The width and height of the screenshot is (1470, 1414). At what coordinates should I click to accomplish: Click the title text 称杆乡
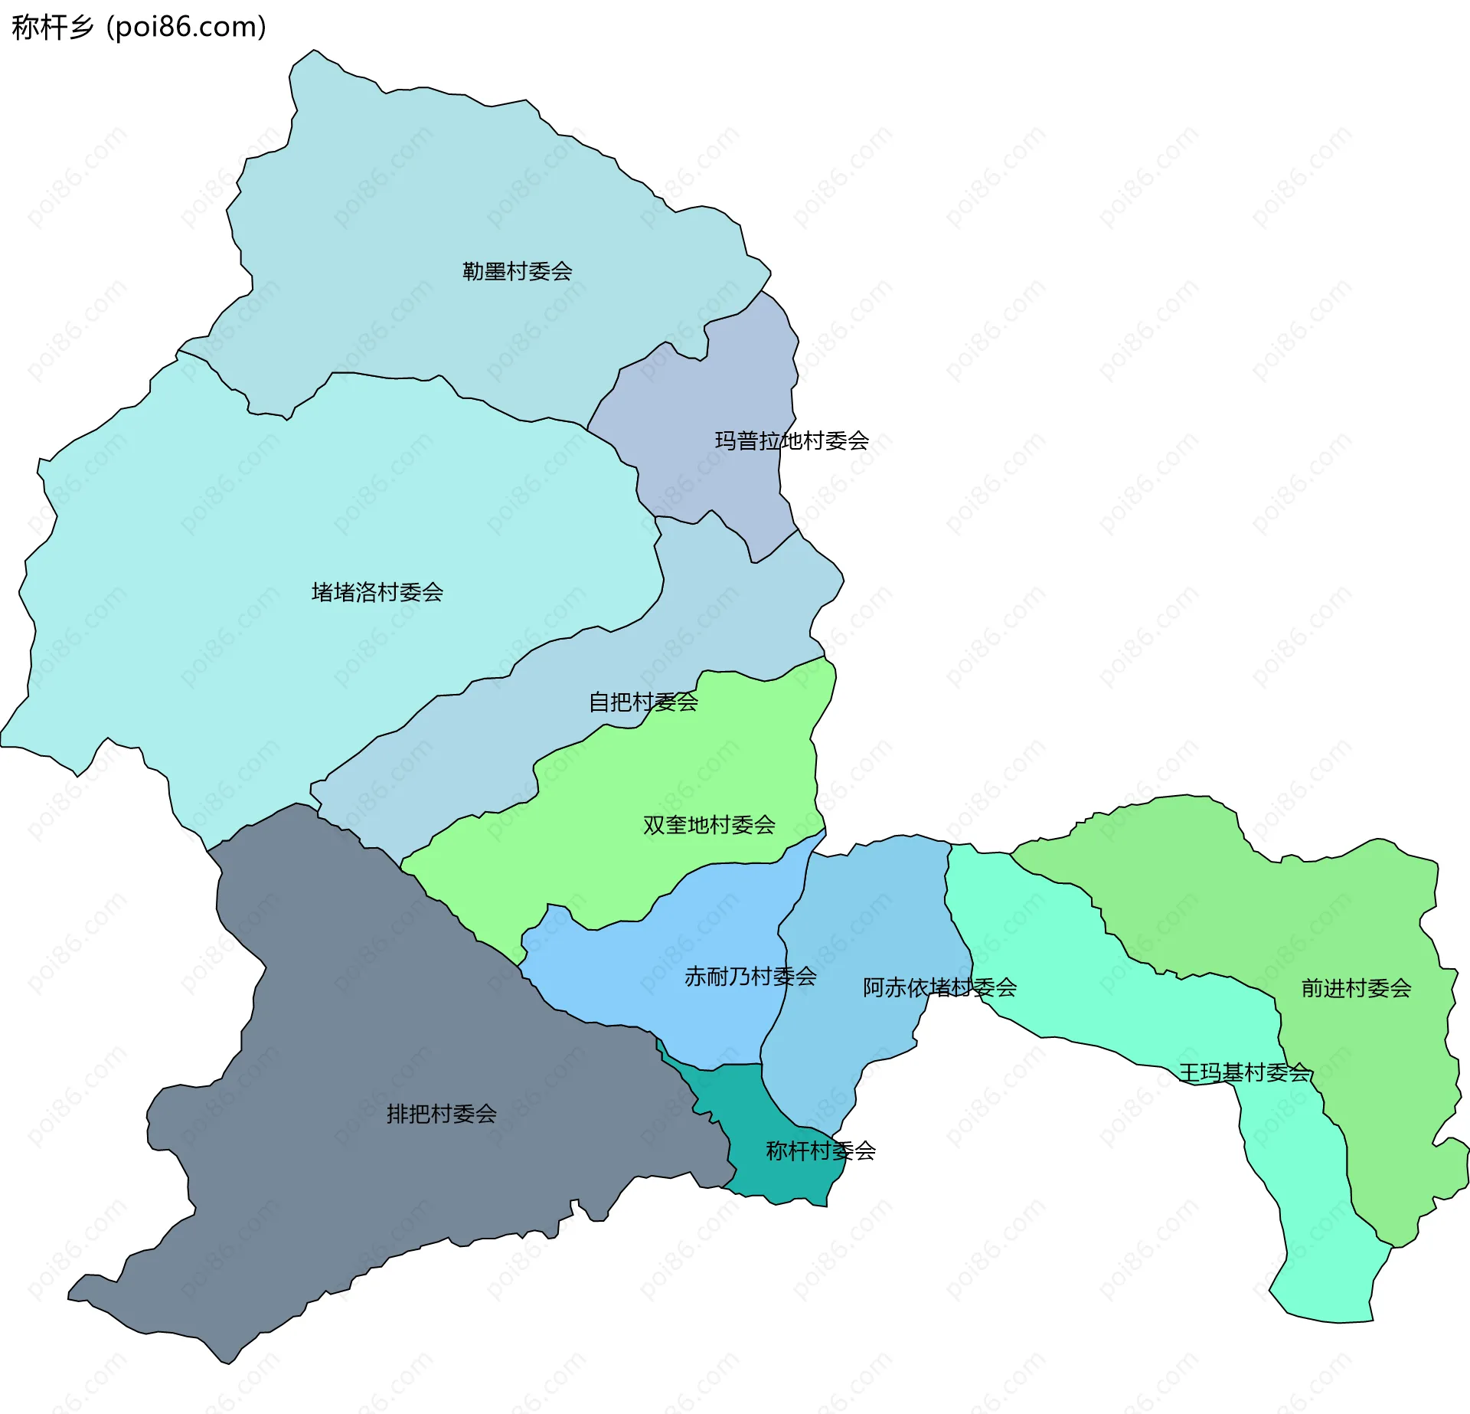[x=52, y=27]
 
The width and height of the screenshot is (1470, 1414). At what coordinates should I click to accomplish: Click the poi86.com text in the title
[x=186, y=27]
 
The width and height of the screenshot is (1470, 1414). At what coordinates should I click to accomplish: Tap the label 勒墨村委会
[x=517, y=271]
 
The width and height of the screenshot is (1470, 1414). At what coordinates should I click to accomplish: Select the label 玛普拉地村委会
[x=792, y=440]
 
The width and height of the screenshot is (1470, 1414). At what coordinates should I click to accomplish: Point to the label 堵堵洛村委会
[x=377, y=592]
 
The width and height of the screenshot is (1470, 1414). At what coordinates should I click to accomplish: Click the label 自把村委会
[x=642, y=702]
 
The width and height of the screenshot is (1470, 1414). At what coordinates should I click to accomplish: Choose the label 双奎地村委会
[x=709, y=825]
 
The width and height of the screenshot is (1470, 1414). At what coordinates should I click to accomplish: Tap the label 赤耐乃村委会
[x=750, y=977]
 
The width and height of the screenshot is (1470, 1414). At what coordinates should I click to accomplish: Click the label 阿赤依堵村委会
[x=939, y=987]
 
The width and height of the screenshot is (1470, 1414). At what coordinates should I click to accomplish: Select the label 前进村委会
[x=1356, y=988]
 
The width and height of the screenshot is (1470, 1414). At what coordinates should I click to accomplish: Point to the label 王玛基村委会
[x=1244, y=1072]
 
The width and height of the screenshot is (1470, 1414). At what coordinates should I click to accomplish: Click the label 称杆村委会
[x=821, y=1151]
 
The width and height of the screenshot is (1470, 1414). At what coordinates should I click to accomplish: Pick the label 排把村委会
[x=442, y=1114]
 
